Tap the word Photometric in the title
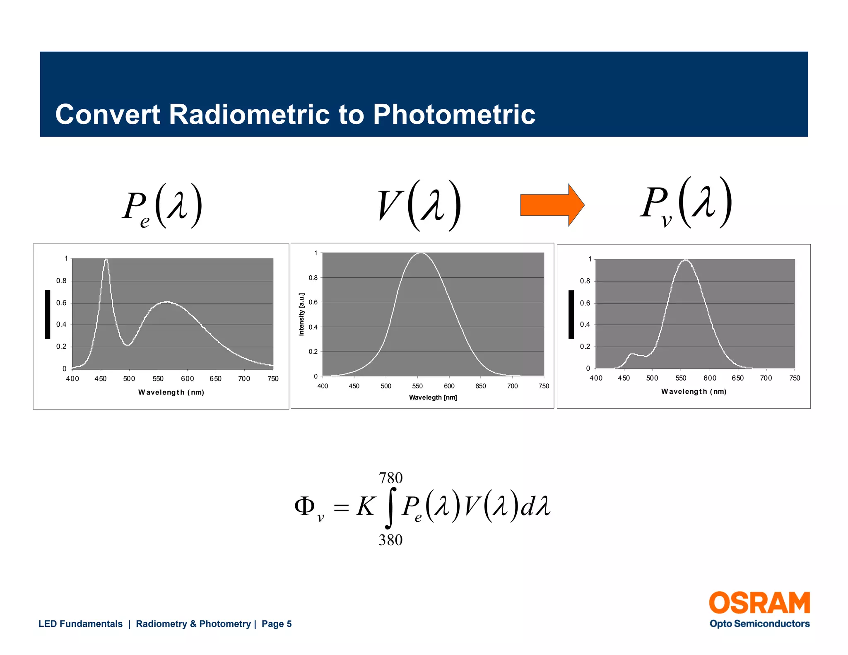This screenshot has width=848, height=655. [x=454, y=115]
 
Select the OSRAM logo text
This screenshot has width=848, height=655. [x=759, y=603]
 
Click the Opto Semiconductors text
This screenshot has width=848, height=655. [x=759, y=624]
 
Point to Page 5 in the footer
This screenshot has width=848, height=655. [x=277, y=624]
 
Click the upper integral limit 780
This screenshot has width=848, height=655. [x=390, y=478]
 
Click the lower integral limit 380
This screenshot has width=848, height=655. [x=390, y=540]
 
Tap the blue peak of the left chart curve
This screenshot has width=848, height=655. [x=106, y=260]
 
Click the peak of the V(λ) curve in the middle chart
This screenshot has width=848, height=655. [x=421, y=253]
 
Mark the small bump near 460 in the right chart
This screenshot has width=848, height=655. [x=631, y=354]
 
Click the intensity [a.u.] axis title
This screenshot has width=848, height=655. [x=301, y=314]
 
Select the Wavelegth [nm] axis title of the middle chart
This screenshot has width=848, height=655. [x=433, y=397]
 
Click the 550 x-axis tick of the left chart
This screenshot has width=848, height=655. [x=158, y=378]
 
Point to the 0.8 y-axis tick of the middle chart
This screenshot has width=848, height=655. [x=313, y=278]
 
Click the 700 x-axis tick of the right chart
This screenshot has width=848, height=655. [x=766, y=378]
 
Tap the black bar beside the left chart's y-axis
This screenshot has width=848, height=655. [x=48, y=314]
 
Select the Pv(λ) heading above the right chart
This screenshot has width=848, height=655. [x=686, y=203]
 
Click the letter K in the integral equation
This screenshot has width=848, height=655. [x=365, y=506]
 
